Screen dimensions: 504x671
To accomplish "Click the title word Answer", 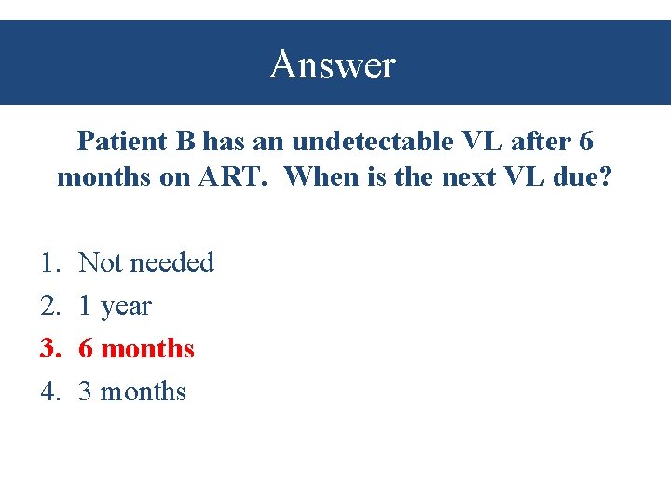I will click(333, 65).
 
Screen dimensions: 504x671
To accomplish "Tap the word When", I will click(318, 176).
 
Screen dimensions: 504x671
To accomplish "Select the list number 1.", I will click(49, 263).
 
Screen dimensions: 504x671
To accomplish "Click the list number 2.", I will click(49, 306).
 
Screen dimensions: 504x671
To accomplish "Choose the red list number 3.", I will click(49, 349).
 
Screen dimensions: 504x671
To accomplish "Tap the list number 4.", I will click(49, 392).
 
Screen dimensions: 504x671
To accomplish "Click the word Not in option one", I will click(98, 263).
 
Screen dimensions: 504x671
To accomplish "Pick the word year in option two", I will click(125, 306).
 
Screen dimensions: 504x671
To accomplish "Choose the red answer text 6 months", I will click(137, 349).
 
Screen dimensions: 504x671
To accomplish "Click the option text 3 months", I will click(132, 392).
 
